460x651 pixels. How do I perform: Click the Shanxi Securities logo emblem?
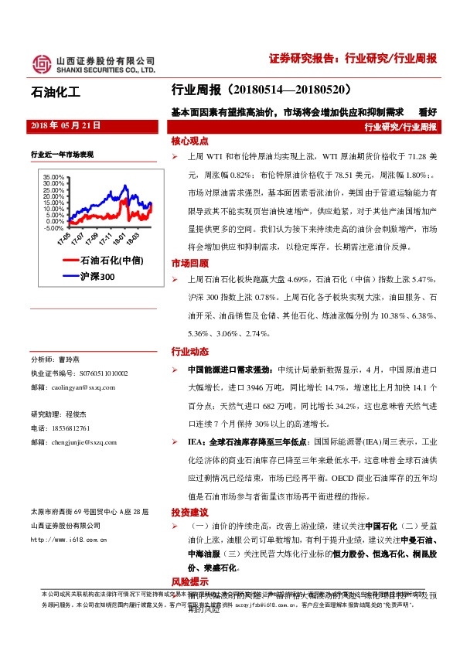[40, 63]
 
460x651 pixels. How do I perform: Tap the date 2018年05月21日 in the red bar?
[65, 124]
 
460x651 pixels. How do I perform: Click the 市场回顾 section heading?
[190, 263]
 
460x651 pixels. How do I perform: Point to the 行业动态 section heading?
[190, 351]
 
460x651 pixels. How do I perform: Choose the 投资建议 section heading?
[190, 513]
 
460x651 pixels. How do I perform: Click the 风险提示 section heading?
[190, 581]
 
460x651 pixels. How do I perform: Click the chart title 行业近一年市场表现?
[62, 154]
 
